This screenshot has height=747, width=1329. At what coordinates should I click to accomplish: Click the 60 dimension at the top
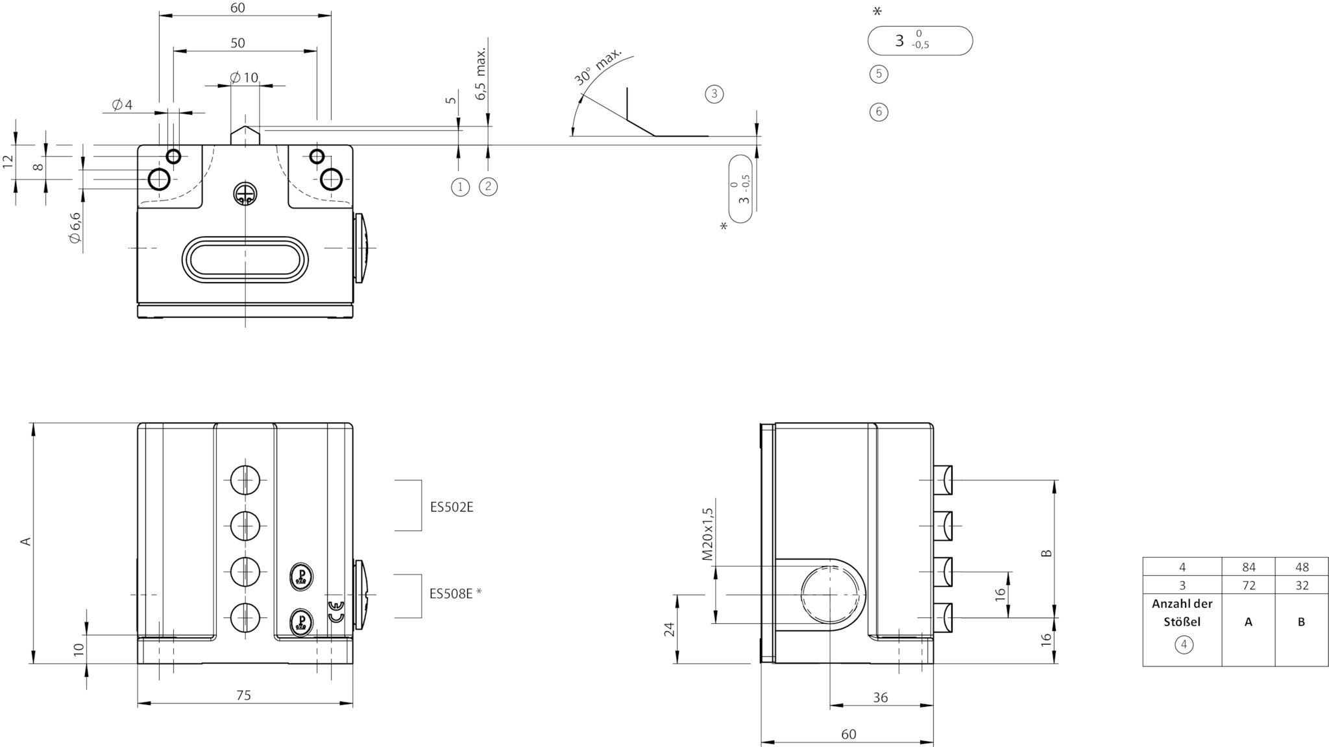point(238,8)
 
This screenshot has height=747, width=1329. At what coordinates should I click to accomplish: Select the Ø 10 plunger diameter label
point(244,78)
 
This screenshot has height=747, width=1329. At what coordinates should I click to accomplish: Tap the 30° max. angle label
point(597,66)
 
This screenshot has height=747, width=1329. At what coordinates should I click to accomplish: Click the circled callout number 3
point(714,94)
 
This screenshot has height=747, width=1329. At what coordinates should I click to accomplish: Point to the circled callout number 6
point(879,112)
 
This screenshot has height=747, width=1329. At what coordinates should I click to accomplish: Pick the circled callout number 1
point(460,187)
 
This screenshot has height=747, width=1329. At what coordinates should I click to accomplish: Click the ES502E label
point(452,507)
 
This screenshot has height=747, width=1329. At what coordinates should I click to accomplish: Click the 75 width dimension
point(243,695)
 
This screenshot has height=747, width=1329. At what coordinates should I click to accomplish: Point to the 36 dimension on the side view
point(880,698)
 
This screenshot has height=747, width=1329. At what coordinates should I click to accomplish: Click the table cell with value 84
point(1249,567)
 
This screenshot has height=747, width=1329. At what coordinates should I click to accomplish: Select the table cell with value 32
point(1301,585)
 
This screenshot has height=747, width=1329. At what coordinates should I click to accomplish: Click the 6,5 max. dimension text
point(481,73)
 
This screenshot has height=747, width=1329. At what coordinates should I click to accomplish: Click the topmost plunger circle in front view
point(245,480)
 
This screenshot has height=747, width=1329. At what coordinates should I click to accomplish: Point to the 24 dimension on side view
point(670,629)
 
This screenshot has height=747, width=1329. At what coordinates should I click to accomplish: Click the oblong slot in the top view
point(245,260)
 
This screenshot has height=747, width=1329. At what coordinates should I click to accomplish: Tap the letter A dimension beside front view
point(26,541)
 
